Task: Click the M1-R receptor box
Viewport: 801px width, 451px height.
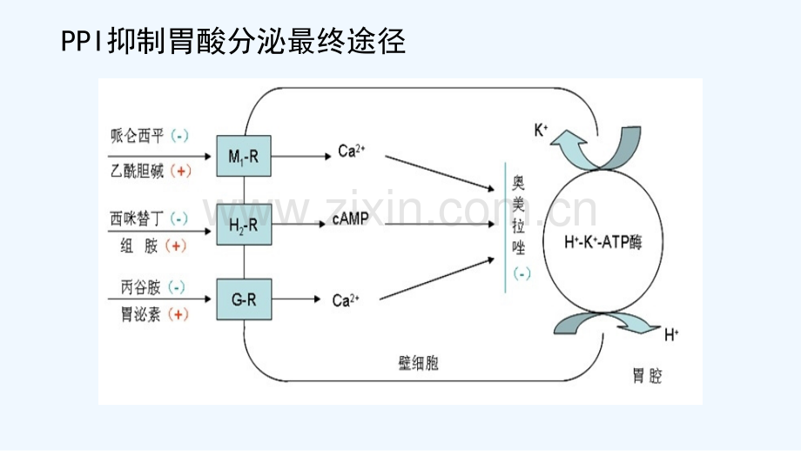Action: pos(244,157)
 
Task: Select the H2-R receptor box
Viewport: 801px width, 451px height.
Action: pos(244,225)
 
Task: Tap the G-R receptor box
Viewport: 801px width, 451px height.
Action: pos(244,300)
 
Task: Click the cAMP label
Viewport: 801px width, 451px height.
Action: pos(350,219)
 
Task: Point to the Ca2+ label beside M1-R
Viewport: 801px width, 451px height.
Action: pos(352,151)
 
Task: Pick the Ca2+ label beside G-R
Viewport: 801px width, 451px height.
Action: pos(346,300)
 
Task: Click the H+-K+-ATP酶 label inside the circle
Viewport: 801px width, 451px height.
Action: pos(602,241)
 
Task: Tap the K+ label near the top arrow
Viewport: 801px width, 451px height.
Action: pos(541,130)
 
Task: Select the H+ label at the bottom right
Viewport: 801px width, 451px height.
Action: pos(671,335)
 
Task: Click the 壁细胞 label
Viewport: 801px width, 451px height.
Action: pos(419,363)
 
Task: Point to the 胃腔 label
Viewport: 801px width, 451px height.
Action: pos(647,376)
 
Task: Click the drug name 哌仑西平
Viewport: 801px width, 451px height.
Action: pos(138,136)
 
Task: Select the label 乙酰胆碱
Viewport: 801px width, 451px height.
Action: pos(138,171)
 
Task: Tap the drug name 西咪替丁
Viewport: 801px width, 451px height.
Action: pos(137,219)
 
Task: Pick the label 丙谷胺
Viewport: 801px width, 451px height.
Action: pos(140,287)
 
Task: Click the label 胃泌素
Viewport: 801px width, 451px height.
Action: pos(140,314)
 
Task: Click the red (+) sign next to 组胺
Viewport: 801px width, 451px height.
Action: pos(176,246)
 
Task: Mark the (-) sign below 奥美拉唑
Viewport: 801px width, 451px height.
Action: pos(522,273)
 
